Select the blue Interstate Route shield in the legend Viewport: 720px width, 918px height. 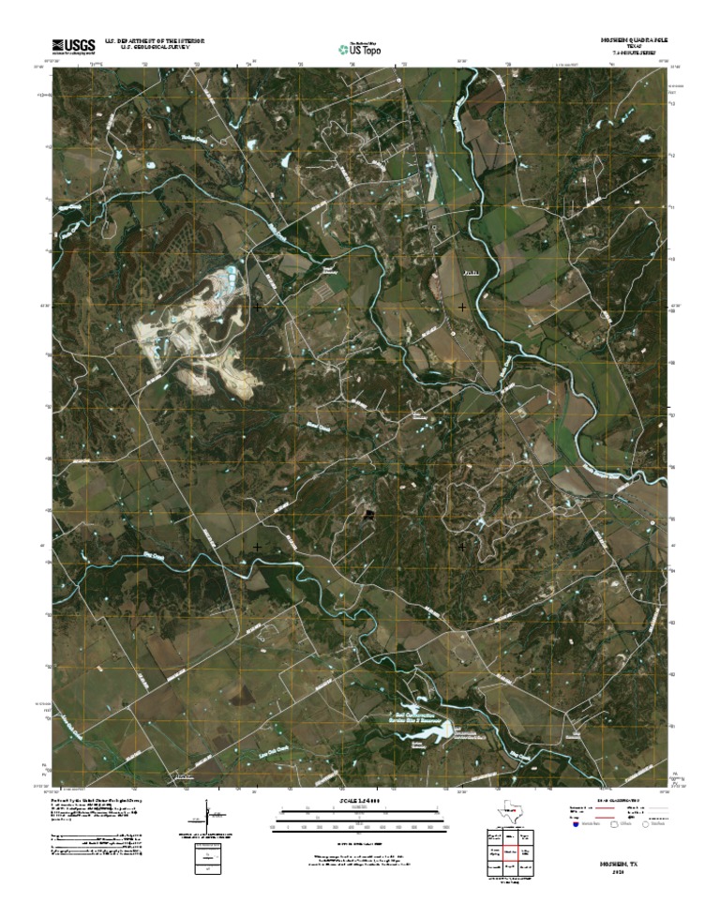[x=575, y=824]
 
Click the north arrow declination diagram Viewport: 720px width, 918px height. [x=207, y=816]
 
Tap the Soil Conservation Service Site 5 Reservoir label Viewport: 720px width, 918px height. [x=412, y=716]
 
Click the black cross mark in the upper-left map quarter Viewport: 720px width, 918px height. [x=257, y=307]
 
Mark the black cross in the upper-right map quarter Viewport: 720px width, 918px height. [x=462, y=307]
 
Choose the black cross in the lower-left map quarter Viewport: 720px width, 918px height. [x=257, y=546]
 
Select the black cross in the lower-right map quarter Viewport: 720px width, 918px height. [x=462, y=546]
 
